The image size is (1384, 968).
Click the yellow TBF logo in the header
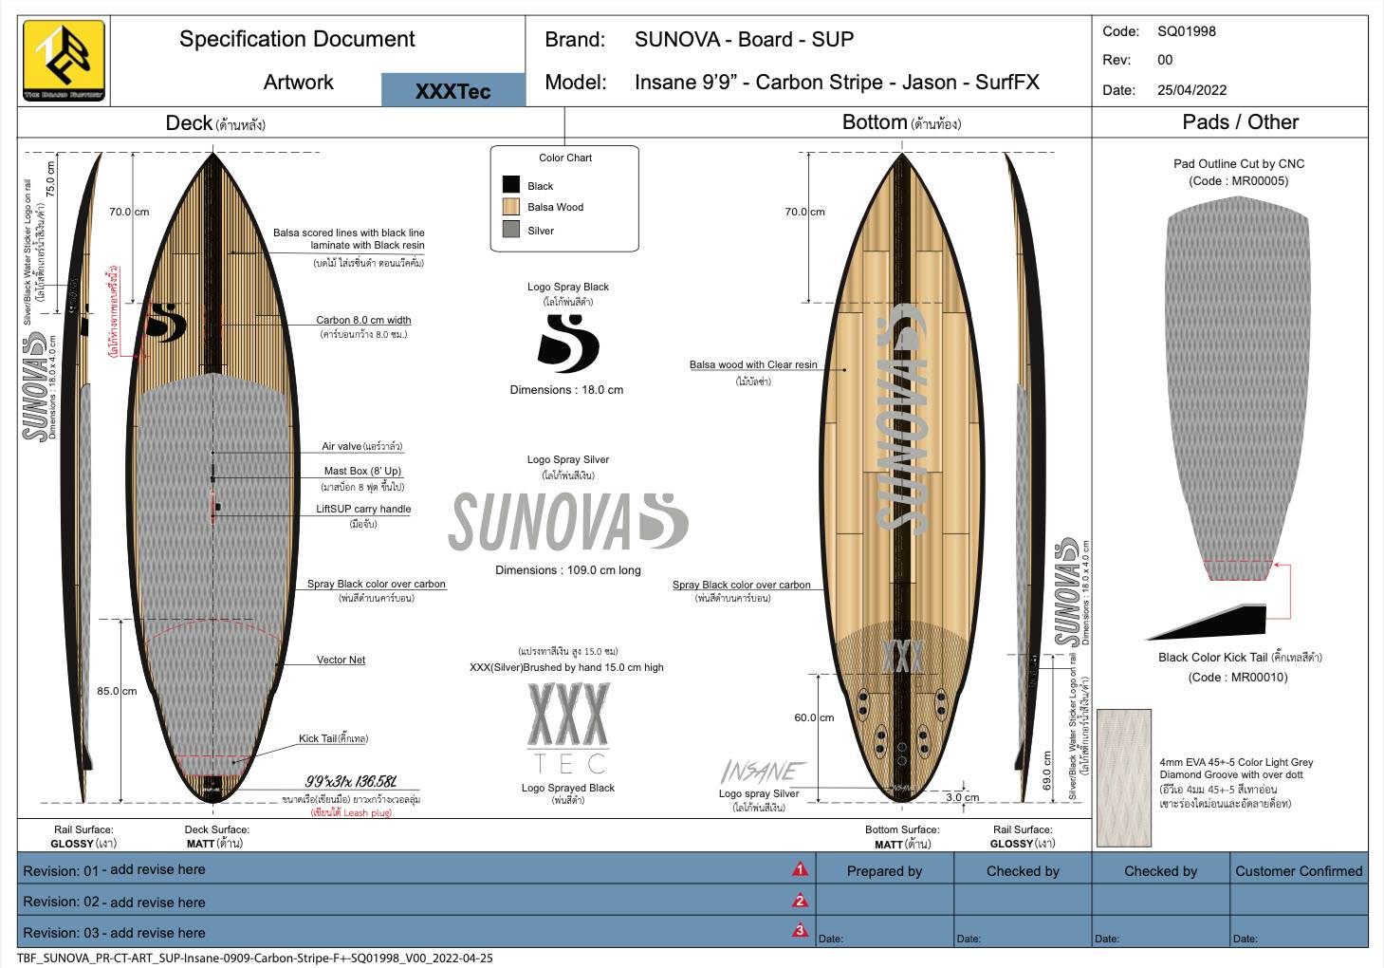tap(64, 61)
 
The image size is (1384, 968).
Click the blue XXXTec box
tap(452, 90)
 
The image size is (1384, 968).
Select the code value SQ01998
tap(1186, 31)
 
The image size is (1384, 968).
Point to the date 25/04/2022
tap(1191, 90)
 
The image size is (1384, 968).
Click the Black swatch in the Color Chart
tap(511, 185)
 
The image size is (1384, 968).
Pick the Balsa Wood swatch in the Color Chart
tap(511, 207)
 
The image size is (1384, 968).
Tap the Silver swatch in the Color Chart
tap(511, 230)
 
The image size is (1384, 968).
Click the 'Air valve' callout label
tap(361, 446)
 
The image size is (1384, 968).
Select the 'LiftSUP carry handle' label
tap(363, 509)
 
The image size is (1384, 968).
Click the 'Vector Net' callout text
tap(341, 660)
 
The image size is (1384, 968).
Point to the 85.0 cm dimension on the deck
tap(117, 691)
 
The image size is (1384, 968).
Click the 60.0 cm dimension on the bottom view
tap(814, 717)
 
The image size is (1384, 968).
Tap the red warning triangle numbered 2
tap(800, 901)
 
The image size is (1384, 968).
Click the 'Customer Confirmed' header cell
tap(1298, 870)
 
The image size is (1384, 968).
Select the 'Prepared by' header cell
tap(884, 870)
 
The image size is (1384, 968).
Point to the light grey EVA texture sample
tap(1124, 777)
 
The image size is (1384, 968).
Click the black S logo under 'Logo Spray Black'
tap(567, 343)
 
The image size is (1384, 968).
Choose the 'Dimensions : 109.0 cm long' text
tap(567, 570)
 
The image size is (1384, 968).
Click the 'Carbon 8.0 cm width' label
tap(363, 320)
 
